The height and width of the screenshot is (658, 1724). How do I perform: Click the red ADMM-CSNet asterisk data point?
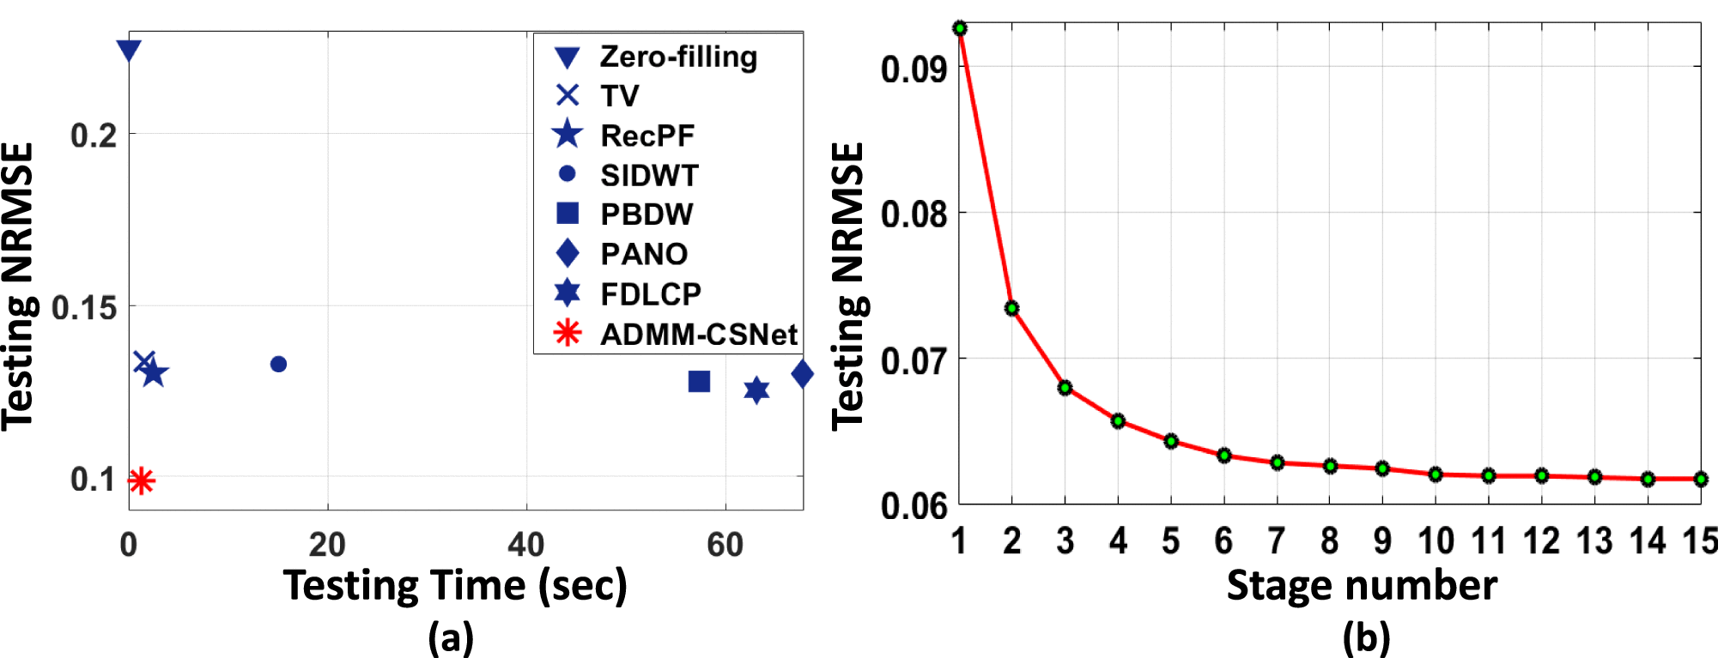coord(142,480)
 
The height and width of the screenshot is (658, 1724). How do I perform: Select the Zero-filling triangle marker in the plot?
coord(129,50)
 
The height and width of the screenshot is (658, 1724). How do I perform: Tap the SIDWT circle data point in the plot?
coord(278,365)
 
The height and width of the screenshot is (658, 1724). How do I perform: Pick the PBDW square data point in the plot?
coord(699,381)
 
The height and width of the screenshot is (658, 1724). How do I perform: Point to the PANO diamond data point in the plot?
coord(802,374)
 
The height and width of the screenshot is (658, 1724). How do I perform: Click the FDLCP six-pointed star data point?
coord(756,390)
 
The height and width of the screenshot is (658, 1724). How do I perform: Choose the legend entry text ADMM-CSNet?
coord(699,334)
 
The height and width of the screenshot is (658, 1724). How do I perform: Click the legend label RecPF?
coord(647,136)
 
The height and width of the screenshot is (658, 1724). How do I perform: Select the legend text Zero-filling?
coord(678,57)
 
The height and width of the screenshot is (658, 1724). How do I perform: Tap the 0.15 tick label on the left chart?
coord(84,307)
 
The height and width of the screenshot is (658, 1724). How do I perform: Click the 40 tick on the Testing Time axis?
coord(525,544)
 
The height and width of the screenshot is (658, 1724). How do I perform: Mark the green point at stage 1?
coord(960,28)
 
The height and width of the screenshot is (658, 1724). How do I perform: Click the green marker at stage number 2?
coord(1012,308)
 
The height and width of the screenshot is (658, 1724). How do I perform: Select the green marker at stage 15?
coord(1701,479)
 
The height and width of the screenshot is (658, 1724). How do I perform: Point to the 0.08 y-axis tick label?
coord(914,213)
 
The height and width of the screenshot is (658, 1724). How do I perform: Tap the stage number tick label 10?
coord(1436,541)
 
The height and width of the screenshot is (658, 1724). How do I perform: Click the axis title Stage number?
coord(1362,586)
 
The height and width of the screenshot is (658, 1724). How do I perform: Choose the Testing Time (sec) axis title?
coord(455,586)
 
